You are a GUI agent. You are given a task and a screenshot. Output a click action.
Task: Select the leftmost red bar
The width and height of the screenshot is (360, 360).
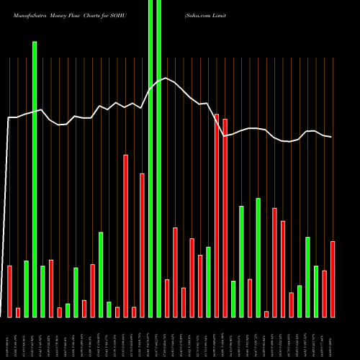(x=10, y=291)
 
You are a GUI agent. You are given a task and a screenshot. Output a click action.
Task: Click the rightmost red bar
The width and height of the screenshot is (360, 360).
(x=333, y=279)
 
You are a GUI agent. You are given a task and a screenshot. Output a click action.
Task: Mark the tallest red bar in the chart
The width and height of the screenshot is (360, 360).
(x=217, y=215)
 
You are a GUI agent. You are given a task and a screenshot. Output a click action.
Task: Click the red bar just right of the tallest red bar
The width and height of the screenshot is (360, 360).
(x=225, y=217)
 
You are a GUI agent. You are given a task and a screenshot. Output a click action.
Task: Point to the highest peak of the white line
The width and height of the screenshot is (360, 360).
(x=166, y=78)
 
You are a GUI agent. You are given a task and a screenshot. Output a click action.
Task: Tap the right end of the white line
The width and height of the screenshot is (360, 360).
(x=331, y=137)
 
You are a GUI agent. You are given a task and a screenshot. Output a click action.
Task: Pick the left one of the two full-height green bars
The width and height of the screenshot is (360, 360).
(x=150, y=158)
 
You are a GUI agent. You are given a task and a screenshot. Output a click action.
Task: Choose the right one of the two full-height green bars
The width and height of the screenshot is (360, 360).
(x=158, y=158)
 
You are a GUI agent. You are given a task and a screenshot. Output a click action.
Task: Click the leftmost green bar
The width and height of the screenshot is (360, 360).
(x=27, y=288)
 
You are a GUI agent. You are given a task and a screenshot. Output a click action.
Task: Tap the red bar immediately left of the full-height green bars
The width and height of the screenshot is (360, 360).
(x=142, y=245)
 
